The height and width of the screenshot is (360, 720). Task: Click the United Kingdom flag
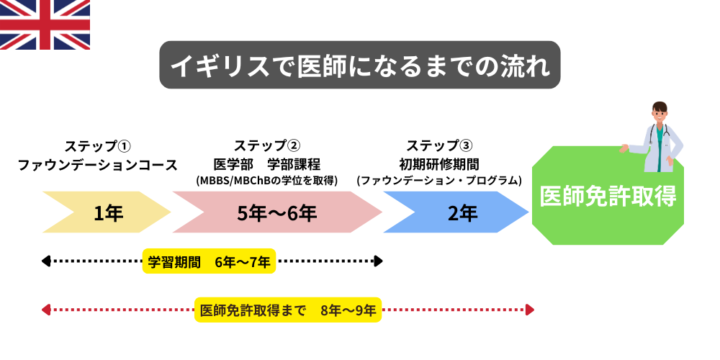pyautogui.click(x=45, y=24)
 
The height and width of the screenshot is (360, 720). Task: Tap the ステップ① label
pyautogui.click(x=97, y=145)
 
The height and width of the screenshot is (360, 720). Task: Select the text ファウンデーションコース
pyautogui.click(x=97, y=165)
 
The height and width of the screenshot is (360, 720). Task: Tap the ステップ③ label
pyautogui.click(x=439, y=145)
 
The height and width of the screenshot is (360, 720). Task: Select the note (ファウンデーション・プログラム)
pyautogui.click(x=439, y=181)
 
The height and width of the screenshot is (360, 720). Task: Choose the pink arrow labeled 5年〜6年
pyautogui.click(x=276, y=212)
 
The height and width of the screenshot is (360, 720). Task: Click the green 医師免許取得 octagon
pyautogui.click(x=608, y=196)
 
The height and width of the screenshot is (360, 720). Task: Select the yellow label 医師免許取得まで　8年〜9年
pyautogui.click(x=287, y=310)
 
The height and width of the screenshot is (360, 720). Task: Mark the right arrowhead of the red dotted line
pyautogui.click(x=530, y=310)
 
